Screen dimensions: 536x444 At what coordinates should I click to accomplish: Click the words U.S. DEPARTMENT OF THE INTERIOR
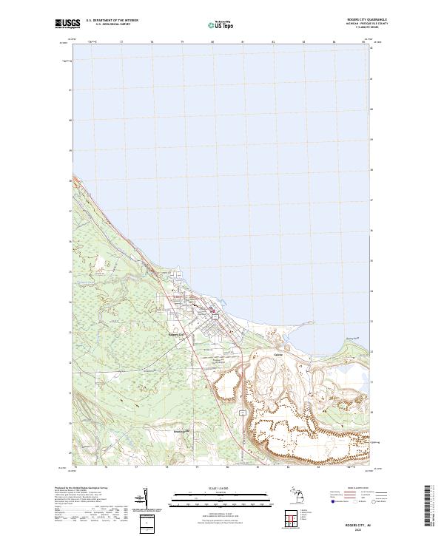pos(112,20)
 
